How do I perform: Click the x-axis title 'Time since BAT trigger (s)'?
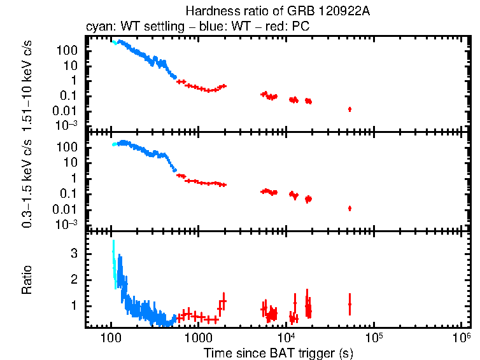click(x=278, y=352)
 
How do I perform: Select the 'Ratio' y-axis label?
click(x=27, y=280)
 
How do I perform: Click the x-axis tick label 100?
click(x=111, y=337)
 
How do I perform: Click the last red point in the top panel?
click(x=349, y=109)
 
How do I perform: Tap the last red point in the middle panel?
click(x=349, y=208)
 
